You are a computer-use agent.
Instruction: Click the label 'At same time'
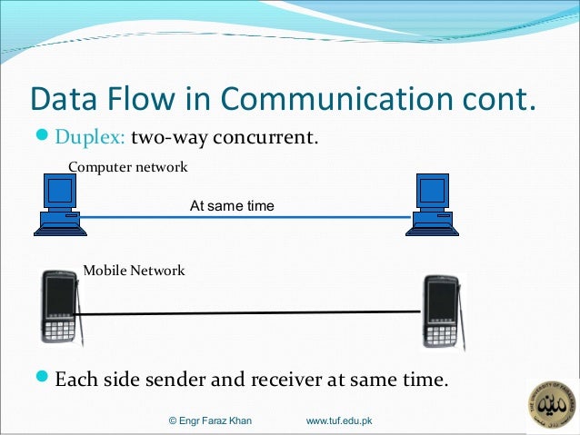[231, 206]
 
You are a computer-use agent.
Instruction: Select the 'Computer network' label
[128, 167]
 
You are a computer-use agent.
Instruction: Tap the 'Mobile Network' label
[134, 271]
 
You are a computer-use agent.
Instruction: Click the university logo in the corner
[552, 406]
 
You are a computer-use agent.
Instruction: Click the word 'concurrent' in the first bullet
[279, 138]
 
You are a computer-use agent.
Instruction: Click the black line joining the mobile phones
[250, 313]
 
